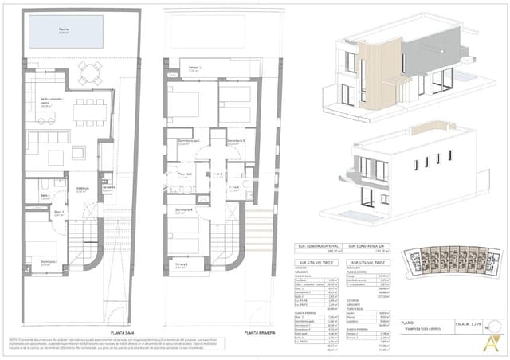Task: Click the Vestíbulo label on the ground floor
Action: tap(82, 190)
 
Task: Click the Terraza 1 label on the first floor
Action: tap(195, 68)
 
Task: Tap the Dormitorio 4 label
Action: tap(186, 211)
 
